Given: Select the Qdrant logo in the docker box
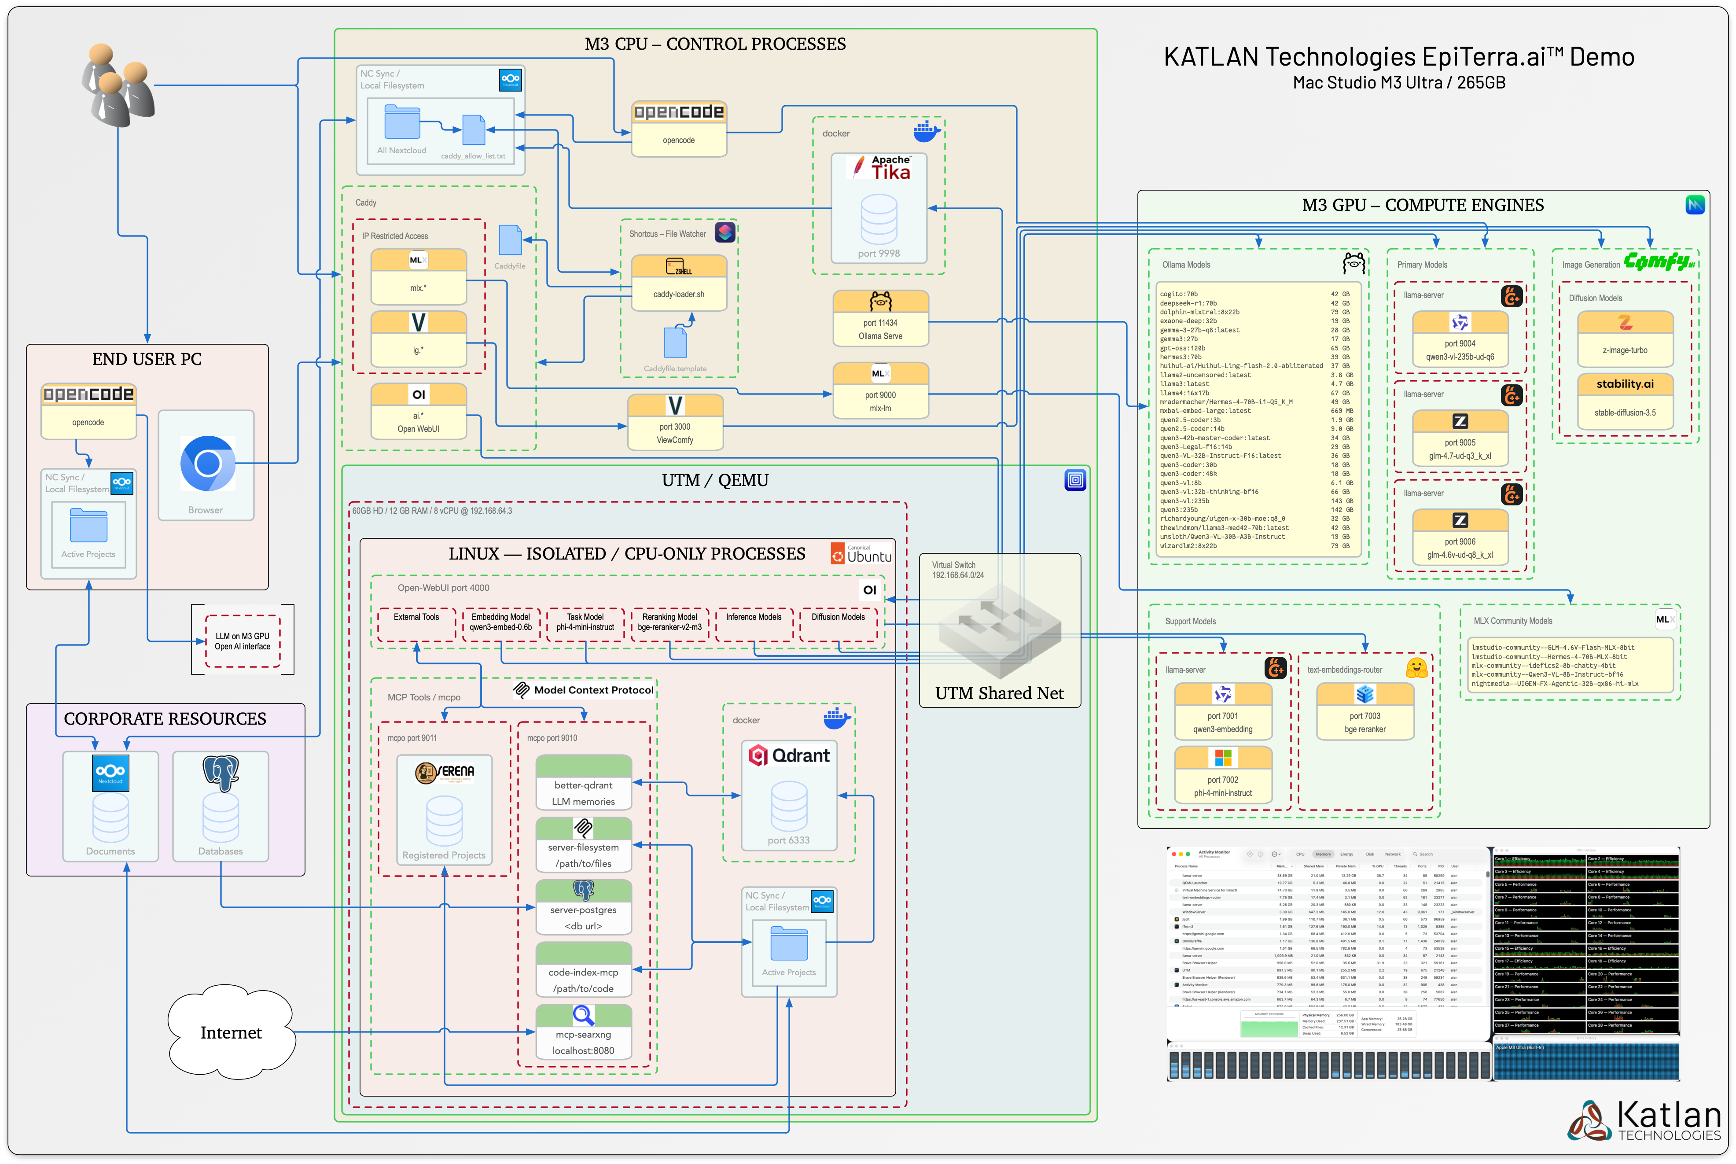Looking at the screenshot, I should coord(789,756).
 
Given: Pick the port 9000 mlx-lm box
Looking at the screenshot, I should coord(880,392).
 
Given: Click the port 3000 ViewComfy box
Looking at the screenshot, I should coord(675,423).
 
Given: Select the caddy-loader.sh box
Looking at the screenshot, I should coord(678,284).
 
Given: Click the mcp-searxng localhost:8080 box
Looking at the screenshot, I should coord(583,1033).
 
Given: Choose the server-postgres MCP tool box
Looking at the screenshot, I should coord(583,908).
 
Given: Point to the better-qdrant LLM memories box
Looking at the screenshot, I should coord(583,784).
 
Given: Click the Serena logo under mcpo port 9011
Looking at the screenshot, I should coord(444,773).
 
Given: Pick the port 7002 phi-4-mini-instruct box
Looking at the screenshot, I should coord(1222,777).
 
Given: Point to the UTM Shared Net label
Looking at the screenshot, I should coord(999,693).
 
